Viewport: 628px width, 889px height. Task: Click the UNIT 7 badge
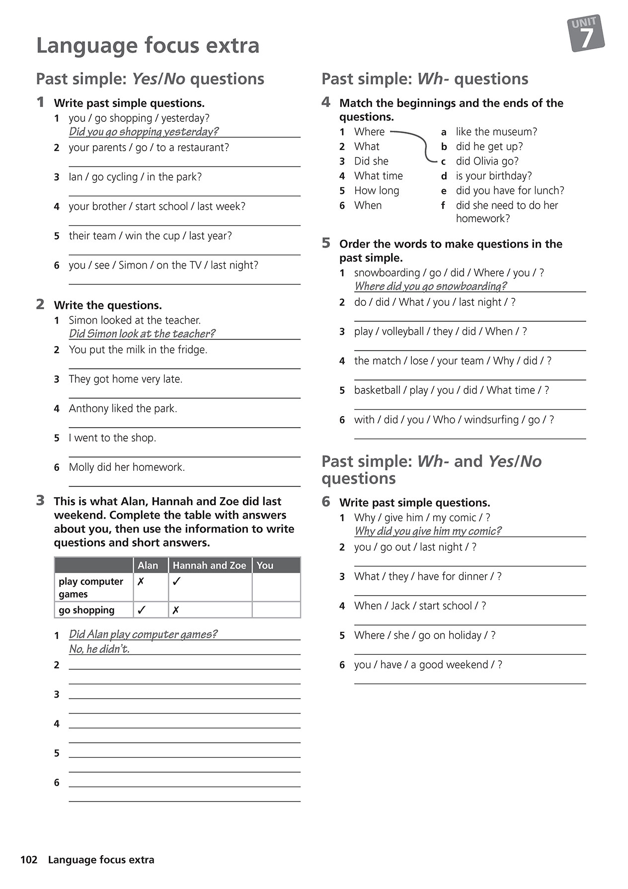point(586,33)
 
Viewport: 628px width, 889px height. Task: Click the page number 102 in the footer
point(29,860)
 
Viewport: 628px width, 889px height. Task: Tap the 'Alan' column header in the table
point(148,565)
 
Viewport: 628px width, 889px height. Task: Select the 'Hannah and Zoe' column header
point(209,565)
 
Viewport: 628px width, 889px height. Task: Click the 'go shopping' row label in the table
point(86,610)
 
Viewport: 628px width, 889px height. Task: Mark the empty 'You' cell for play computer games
point(276,587)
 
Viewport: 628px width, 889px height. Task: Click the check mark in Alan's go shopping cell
point(142,610)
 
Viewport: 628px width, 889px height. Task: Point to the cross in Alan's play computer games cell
point(141,581)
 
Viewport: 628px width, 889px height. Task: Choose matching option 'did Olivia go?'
point(487,161)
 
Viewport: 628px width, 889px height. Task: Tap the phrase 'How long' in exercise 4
point(376,190)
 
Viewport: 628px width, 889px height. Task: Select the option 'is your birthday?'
point(493,176)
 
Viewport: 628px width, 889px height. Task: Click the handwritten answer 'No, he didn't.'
point(99,649)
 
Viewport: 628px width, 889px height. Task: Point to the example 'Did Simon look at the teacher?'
point(142,334)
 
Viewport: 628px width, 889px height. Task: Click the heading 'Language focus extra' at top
point(148,46)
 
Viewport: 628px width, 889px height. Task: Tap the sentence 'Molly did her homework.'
point(127,467)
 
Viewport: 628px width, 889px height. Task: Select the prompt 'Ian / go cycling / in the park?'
point(135,177)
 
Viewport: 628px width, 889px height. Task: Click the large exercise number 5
point(326,243)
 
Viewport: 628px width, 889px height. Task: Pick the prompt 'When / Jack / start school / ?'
point(420,606)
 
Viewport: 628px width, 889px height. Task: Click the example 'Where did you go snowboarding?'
point(430,286)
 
